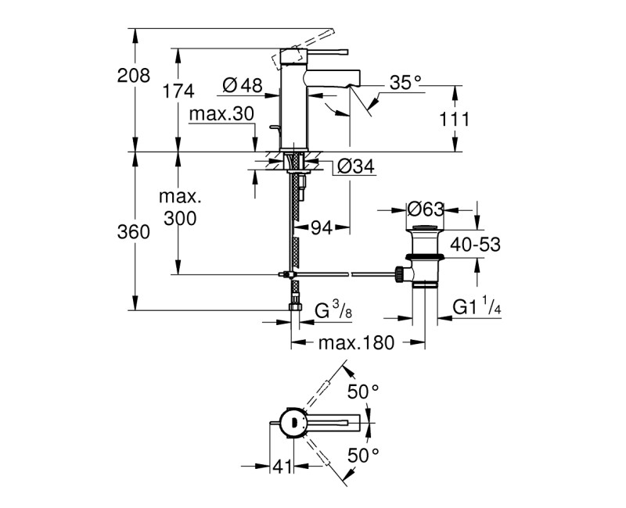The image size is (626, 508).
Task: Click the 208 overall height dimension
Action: coord(133,76)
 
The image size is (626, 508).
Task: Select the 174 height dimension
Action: coord(178,91)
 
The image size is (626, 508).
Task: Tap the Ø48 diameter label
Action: coord(241,84)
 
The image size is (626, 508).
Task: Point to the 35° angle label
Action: coord(405,80)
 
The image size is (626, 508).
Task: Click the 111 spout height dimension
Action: coord(455,119)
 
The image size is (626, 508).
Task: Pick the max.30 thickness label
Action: coord(221,114)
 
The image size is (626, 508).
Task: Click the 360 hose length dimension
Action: coord(133,232)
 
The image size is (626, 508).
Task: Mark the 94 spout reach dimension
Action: coord(321,227)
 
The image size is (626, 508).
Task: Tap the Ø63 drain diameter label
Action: coord(426,209)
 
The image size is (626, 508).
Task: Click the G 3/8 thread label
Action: coord(333,312)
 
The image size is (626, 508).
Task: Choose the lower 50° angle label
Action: coord(364,454)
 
